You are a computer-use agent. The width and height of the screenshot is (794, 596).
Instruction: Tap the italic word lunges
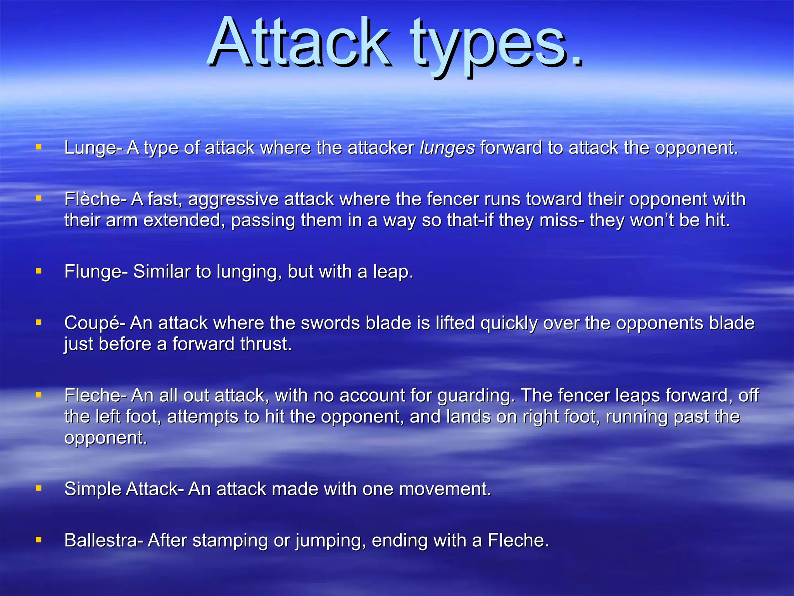(x=447, y=148)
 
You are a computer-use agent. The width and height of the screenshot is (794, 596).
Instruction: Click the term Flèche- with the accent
(x=95, y=199)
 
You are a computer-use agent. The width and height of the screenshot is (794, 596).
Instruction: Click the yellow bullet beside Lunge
(x=38, y=147)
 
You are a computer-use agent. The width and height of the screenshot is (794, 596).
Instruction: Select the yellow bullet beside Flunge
(x=38, y=271)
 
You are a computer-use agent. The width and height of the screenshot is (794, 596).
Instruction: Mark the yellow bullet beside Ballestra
(x=38, y=540)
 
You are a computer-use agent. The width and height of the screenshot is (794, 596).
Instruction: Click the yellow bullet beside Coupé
(x=38, y=322)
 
